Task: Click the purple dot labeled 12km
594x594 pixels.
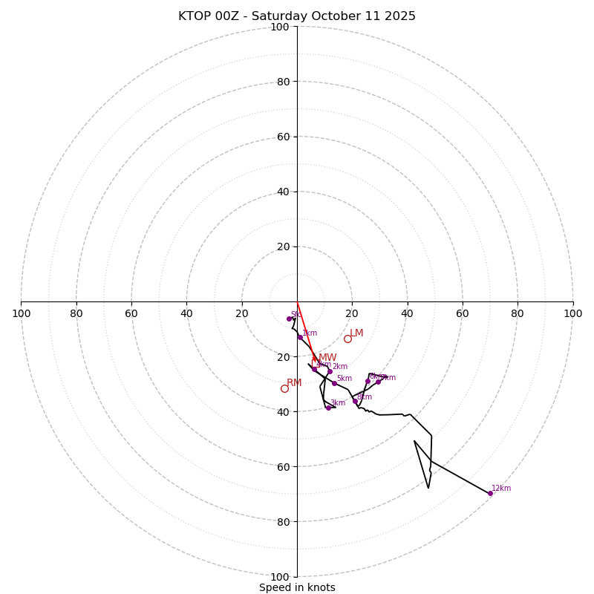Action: pyautogui.click(x=490, y=493)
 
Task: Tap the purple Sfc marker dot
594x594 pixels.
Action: pyautogui.click(x=289, y=319)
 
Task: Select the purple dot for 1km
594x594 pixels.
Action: pyautogui.click(x=300, y=337)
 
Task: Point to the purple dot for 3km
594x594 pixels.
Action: pyautogui.click(x=328, y=408)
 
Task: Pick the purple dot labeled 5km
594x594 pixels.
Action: pyautogui.click(x=334, y=383)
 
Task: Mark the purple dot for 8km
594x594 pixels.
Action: pyautogui.click(x=355, y=402)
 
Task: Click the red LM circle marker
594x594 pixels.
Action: pyautogui.click(x=347, y=339)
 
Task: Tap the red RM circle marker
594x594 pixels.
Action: pyautogui.click(x=284, y=388)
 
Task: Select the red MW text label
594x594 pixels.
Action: pyautogui.click(x=327, y=358)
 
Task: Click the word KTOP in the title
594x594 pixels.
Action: pyautogui.click(x=195, y=16)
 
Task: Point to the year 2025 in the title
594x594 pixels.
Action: pyautogui.click(x=399, y=16)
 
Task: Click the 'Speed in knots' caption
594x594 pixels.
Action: pyautogui.click(x=297, y=587)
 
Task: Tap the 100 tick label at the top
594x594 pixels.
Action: pyautogui.click(x=279, y=27)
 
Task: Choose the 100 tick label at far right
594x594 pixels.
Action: pyautogui.click(x=572, y=313)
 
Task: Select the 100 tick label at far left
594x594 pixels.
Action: pyautogui.click(x=22, y=313)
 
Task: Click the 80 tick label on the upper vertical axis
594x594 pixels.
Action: pyautogui.click(x=282, y=82)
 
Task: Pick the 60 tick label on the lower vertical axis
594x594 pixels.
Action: pyautogui.click(x=282, y=466)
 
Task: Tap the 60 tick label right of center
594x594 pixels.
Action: pyautogui.click(x=463, y=313)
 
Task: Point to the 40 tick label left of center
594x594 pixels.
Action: pyautogui.click(x=186, y=313)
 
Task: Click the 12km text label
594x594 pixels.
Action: pyautogui.click(x=501, y=488)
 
